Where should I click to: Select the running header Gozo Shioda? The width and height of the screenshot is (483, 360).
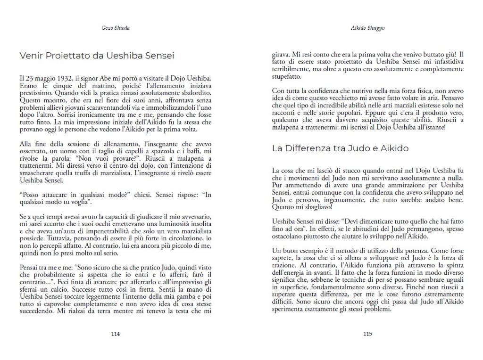[x=116, y=28]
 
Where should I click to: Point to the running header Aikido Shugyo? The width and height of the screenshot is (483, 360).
[x=368, y=28]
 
